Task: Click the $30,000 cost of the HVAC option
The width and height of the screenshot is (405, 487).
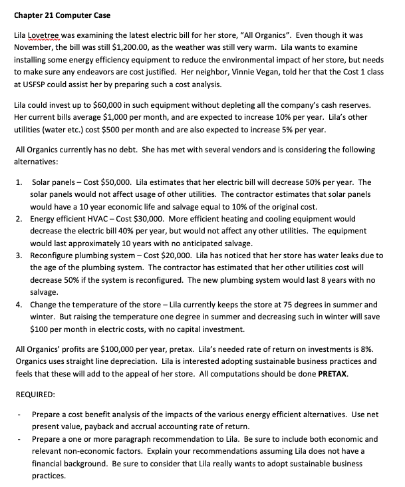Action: [144, 219]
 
